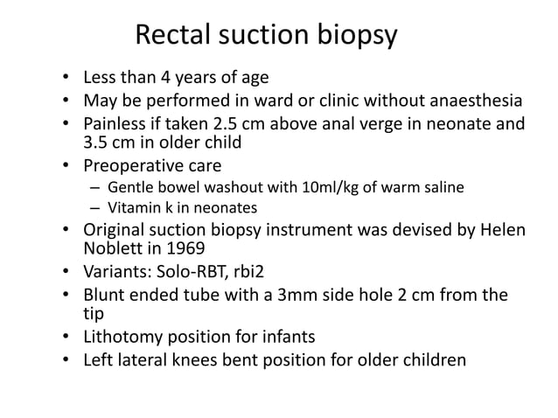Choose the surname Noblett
pos(111,250)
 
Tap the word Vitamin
pos(132,208)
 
